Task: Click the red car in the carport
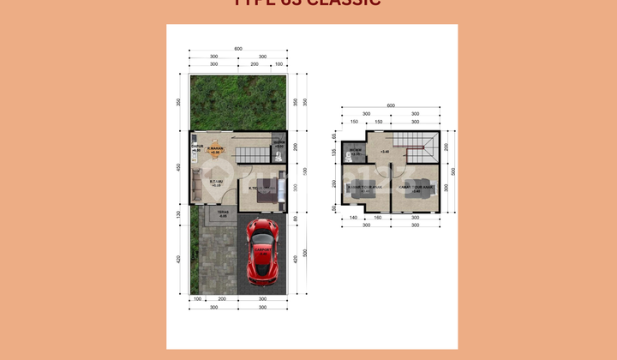[263, 250]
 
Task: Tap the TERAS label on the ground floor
[222, 214]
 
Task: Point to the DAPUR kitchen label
[196, 148]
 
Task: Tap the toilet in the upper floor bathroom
[352, 157]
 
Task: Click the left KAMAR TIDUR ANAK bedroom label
[365, 189]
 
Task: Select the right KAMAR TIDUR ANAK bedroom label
[416, 189]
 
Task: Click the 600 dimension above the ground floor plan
[238, 48]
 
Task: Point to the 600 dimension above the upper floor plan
[391, 106]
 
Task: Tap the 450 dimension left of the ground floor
[178, 167]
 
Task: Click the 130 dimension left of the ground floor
[178, 214]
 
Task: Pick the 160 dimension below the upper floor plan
[378, 219]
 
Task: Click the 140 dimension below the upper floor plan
[352, 219]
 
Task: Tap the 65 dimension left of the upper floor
[334, 135]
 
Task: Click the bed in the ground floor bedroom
[268, 195]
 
